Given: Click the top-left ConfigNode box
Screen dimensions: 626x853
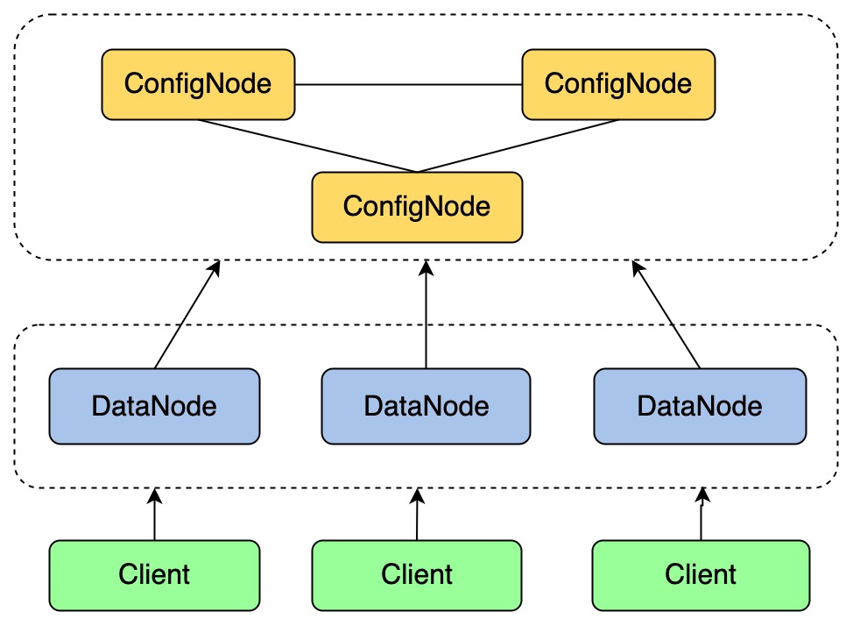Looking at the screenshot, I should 198,84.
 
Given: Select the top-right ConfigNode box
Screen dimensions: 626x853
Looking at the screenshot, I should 618,84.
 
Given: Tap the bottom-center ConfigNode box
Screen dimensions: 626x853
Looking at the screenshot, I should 417,207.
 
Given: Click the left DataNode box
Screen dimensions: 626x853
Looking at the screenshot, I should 154,406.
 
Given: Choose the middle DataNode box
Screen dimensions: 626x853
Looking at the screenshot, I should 426,406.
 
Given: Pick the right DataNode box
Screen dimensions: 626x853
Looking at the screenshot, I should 699,406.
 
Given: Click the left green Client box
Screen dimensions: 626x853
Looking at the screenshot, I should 154,575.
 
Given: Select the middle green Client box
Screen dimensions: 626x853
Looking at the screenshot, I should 417,575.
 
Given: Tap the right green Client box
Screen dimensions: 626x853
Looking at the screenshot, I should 701,575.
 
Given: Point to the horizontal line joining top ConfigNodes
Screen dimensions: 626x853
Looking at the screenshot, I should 408,85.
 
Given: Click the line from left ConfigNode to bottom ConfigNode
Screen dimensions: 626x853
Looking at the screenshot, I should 307,146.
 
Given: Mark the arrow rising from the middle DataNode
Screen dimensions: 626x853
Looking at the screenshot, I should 426,316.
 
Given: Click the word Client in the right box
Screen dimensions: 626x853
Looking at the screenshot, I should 701,575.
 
